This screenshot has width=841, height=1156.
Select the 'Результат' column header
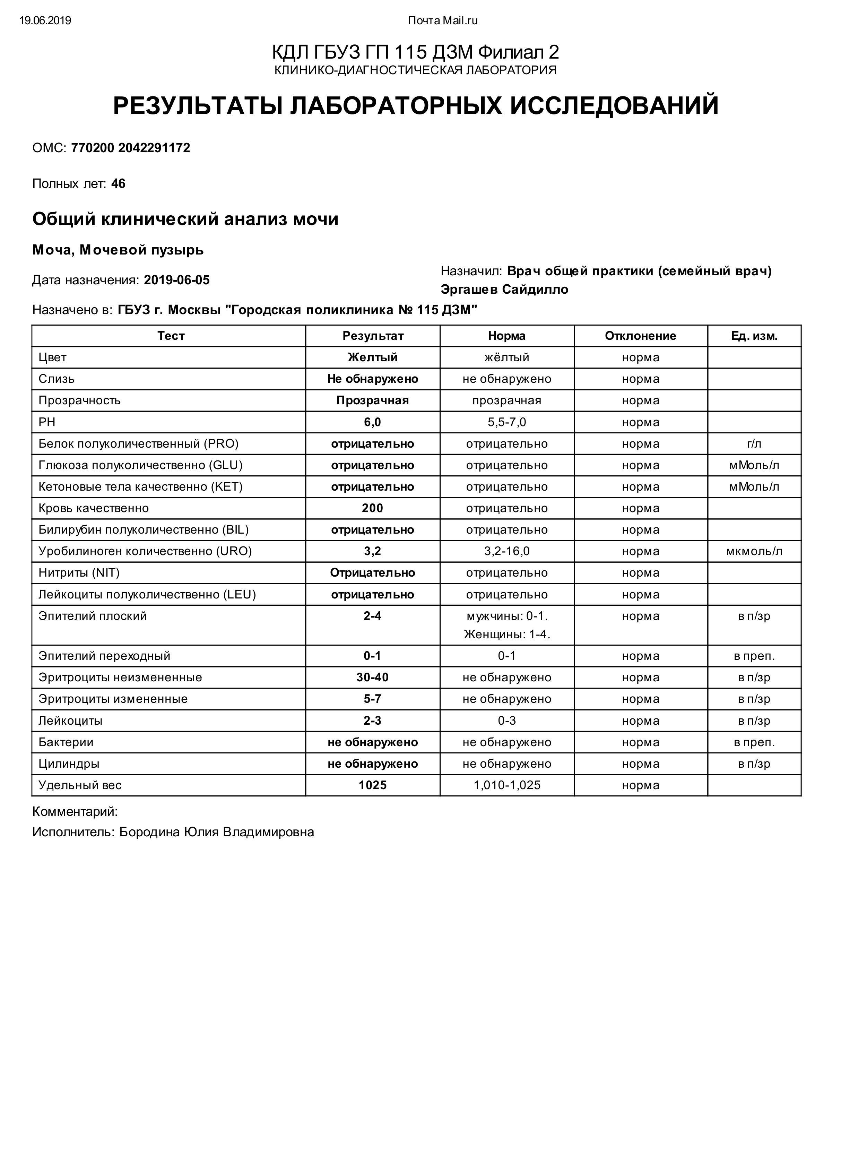tap(373, 336)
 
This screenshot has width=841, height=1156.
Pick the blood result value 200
tap(373, 508)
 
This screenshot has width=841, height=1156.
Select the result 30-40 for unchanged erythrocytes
tap(373, 678)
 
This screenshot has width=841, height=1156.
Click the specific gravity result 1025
tap(373, 785)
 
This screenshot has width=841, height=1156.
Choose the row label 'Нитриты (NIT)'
tap(79, 573)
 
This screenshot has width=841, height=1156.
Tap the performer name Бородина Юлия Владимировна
tap(217, 833)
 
